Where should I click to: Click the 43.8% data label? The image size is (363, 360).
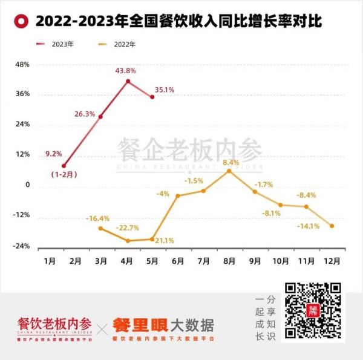click(126, 71)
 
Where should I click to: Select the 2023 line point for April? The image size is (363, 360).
click(128, 81)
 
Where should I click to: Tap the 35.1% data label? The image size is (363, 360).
click(165, 90)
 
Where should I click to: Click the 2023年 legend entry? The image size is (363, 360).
click(62, 44)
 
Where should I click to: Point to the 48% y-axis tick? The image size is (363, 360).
click(22, 64)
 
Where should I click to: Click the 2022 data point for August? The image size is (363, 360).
click(229, 171)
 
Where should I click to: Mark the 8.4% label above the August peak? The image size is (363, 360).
click(231, 162)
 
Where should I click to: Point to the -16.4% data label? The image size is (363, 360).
click(97, 218)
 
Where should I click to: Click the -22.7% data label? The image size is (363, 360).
click(128, 228)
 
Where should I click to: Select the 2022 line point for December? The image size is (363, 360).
click(332, 226)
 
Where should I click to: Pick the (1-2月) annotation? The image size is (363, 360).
click(64, 175)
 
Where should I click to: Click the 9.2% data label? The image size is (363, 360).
click(53, 154)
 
